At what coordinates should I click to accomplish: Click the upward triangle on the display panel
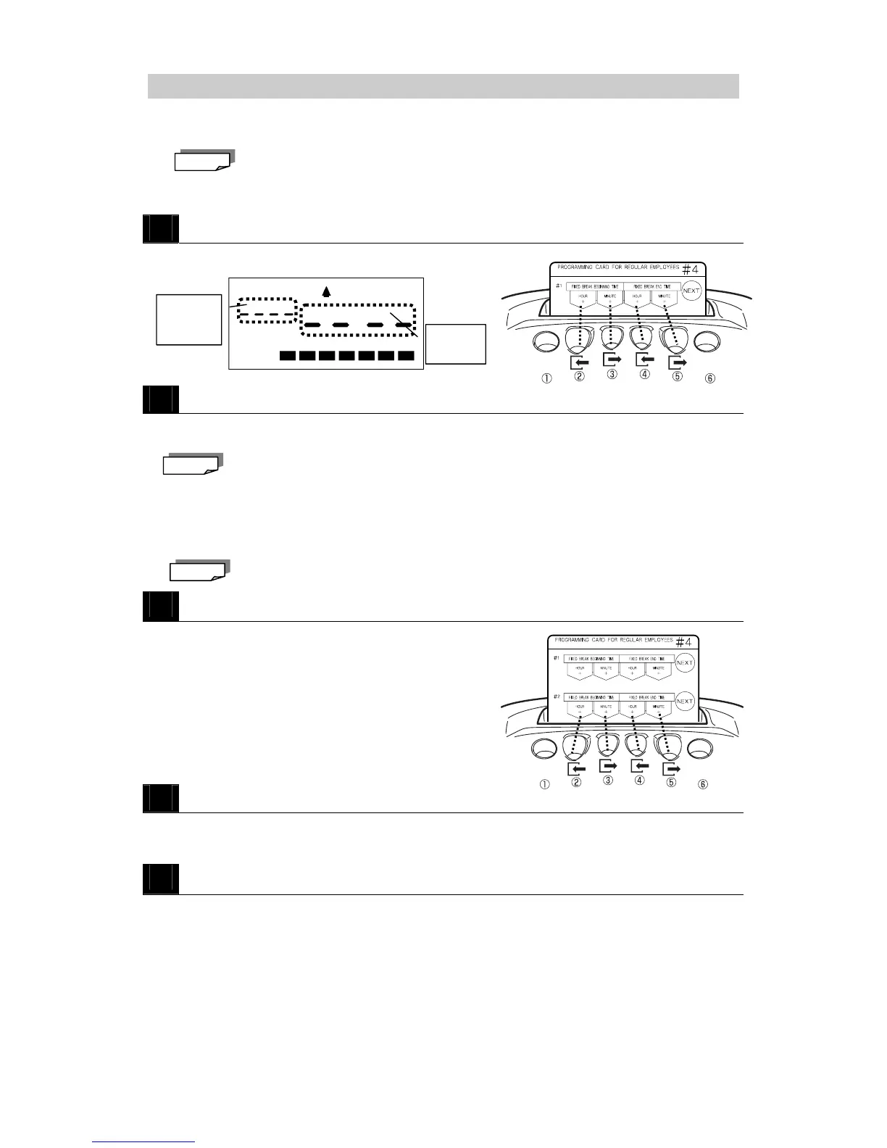(x=326, y=291)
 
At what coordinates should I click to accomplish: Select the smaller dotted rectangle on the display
(x=267, y=309)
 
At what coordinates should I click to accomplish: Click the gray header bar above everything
(x=443, y=86)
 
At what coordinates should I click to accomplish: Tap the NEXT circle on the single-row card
(x=691, y=291)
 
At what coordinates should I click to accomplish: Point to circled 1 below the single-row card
(x=546, y=378)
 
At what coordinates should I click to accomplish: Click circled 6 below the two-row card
(x=702, y=783)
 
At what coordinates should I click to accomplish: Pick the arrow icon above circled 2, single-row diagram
(x=580, y=360)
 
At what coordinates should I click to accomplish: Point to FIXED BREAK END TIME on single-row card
(x=651, y=287)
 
